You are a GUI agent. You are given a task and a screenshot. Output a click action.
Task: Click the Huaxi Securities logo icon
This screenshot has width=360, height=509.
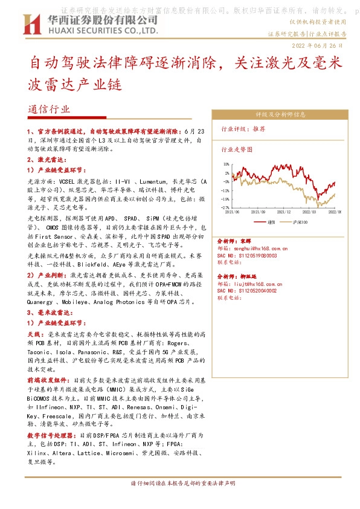31,24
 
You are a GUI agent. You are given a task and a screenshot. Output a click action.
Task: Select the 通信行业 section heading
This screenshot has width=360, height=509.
49,109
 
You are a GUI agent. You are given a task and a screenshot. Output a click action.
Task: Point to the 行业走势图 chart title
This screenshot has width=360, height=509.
236,149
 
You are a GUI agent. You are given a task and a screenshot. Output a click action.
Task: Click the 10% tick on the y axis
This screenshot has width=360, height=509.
226,164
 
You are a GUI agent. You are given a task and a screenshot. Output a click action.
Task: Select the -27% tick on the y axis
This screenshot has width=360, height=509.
225,206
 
